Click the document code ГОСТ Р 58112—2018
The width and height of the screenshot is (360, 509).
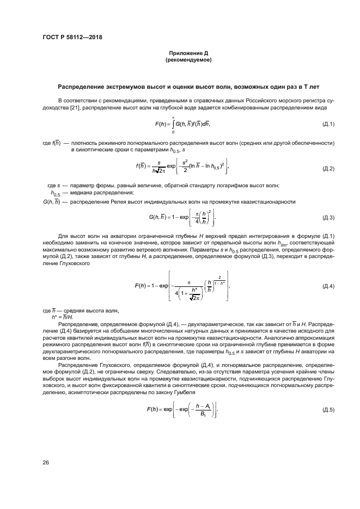pyautogui.click(x=72, y=37)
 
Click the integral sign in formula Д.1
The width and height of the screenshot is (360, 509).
pyautogui.click(x=173, y=125)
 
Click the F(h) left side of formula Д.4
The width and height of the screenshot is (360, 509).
pyautogui.click(x=143, y=286)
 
